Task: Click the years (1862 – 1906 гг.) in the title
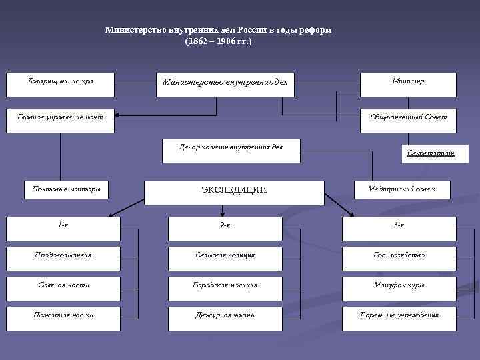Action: point(218,42)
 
